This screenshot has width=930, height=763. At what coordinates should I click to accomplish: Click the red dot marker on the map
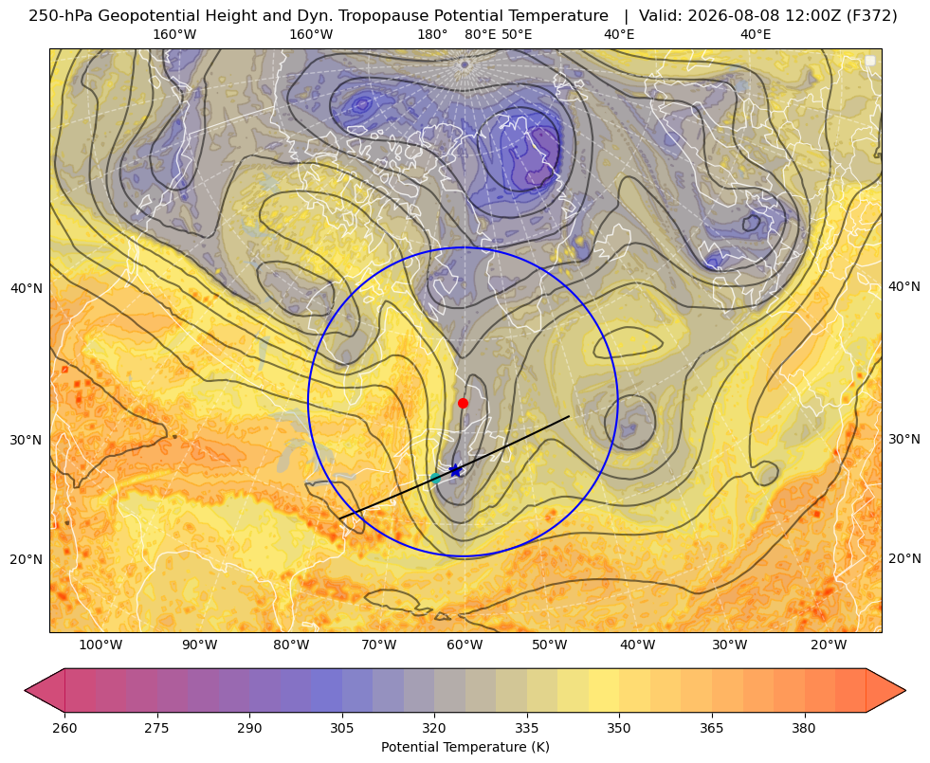pyautogui.click(x=464, y=403)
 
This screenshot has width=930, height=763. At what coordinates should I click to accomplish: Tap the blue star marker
pyautogui.click(x=455, y=471)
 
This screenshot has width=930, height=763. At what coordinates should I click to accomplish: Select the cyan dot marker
pyautogui.click(x=436, y=478)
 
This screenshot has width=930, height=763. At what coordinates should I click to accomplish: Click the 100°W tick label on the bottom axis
pyautogui.click(x=100, y=645)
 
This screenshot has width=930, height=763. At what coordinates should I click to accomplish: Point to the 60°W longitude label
pyautogui.click(x=465, y=645)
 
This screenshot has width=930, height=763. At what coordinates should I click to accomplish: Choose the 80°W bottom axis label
pyautogui.click(x=291, y=645)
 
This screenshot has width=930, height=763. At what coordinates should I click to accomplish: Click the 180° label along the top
pyautogui.click(x=432, y=34)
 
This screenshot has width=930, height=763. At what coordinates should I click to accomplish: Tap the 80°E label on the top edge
pyautogui.click(x=480, y=34)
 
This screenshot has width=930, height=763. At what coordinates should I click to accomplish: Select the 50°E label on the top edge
pyautogui.click(x=517, y=34)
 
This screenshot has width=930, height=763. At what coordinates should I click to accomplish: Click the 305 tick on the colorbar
pyautogui.click(x=341, y=727)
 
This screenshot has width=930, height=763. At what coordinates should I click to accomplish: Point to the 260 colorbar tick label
pyautogui.click(x=64, y=727)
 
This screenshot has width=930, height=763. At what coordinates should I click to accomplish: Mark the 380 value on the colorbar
pyautogui.click(x=804, y=727)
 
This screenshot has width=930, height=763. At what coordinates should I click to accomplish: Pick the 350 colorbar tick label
pyautogui.click(x=619, y=727)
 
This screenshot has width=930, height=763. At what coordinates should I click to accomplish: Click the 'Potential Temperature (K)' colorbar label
pyautogui.click(x=465, y=747)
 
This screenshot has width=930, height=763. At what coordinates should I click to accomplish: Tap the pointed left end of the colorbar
pyautogui.click(x=26, y=690)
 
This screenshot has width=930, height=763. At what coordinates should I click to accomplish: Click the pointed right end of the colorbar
pyautogui.click(x=905, y=690)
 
